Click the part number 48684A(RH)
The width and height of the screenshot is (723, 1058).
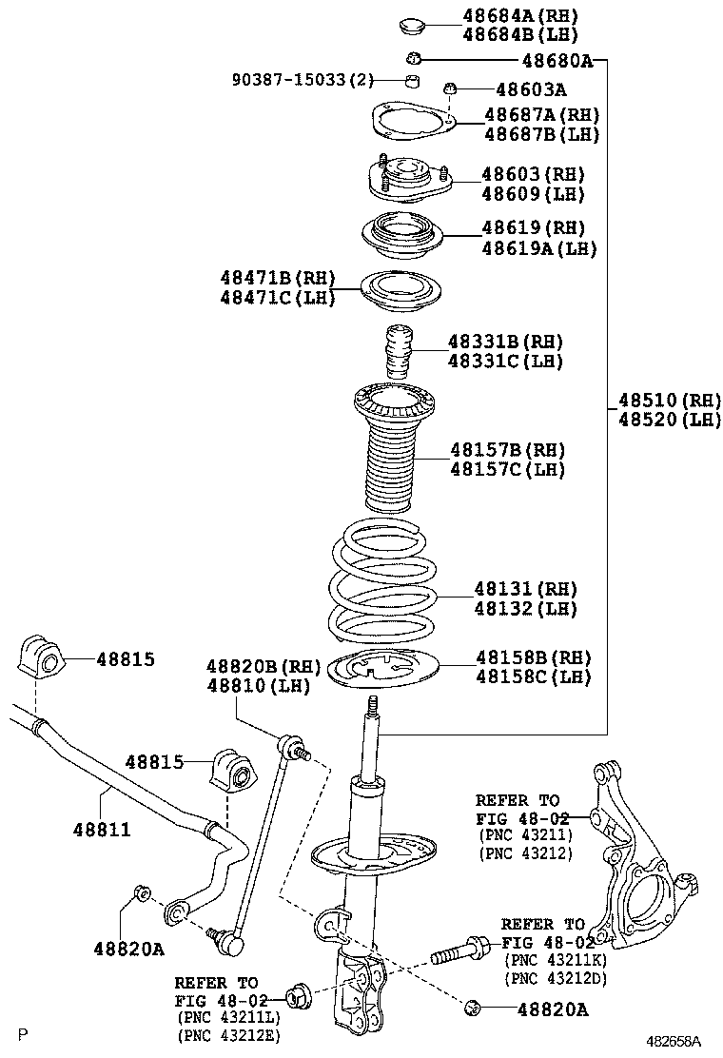pos(519,15)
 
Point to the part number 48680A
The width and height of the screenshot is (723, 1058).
pos(557,62)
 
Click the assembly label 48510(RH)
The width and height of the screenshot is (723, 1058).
pos(669,400)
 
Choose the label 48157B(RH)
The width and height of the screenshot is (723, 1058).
pos(507,449)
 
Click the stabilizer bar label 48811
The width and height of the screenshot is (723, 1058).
pos(101,830)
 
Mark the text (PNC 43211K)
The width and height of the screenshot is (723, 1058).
pos(556,961)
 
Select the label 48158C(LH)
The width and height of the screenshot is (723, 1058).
pos(533,677)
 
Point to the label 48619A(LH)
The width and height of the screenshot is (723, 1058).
pos(538,248)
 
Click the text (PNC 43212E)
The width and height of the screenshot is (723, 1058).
pos(227,1035)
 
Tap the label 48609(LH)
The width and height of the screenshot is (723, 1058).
pos(532,194)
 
